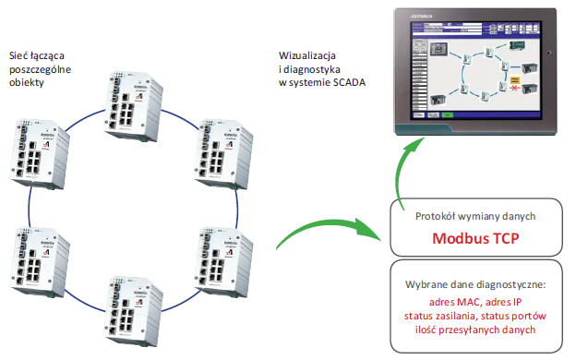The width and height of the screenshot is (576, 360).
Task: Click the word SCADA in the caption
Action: (346, 83)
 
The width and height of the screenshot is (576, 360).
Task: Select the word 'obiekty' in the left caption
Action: (27, 83)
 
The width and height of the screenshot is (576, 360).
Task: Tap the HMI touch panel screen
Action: (475, 71)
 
